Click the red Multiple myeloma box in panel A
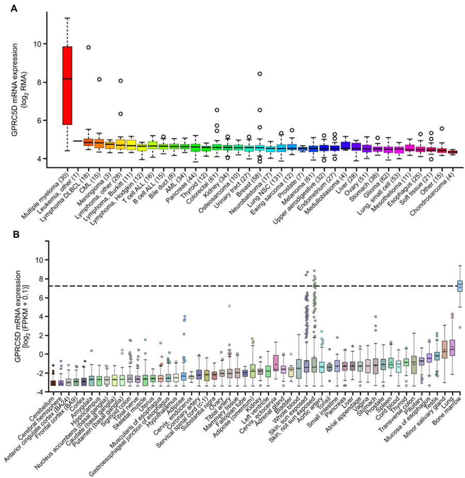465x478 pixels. pyautogui.click(x=67, y=85)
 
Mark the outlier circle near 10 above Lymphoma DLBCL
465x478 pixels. pyautogui.click(x=88, y=47)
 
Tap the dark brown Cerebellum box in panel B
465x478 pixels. pyautogui.click(x=52, y=382)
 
